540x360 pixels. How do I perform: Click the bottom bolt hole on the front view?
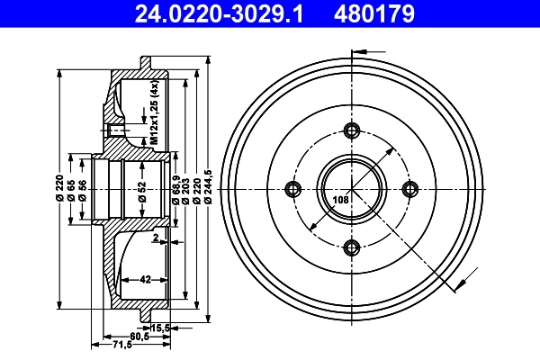tap(352, 247)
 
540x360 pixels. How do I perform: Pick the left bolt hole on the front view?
tap(292, 188)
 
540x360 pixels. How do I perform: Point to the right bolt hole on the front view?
tap(411, 188)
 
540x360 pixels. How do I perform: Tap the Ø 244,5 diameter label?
tap(209, 187)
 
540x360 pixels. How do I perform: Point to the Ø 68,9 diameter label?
tap(174, 188)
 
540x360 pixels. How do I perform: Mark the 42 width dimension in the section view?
tap(145, 279)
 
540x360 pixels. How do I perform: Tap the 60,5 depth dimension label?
tap(138, 336)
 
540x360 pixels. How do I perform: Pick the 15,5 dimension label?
tap(161, 326)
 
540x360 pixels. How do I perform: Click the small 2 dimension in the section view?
tap(155, 238)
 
